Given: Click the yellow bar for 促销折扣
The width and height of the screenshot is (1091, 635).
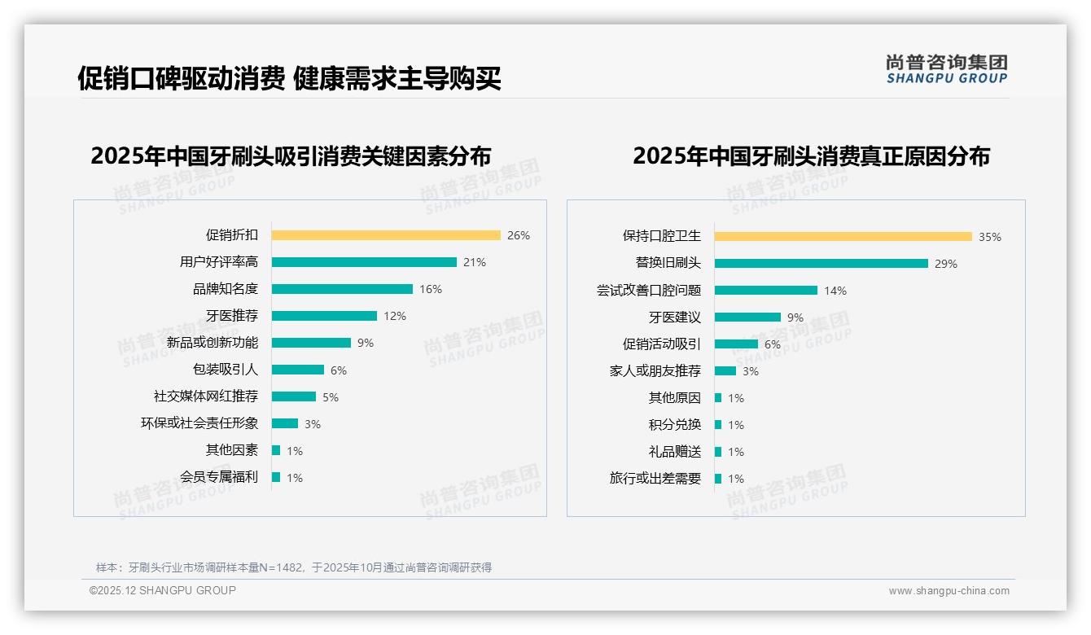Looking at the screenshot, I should point(386,235).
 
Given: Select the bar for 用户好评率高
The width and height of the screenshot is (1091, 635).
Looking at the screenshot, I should point(364,262).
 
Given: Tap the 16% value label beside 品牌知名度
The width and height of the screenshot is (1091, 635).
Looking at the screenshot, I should point(431,289).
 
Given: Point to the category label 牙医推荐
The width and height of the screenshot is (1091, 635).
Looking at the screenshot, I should point(231,316).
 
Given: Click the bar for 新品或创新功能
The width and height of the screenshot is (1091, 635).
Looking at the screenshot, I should point(311,343).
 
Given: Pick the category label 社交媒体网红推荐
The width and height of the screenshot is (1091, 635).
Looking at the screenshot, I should point(206,396).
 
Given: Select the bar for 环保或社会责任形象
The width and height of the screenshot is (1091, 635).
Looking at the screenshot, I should point(285,423).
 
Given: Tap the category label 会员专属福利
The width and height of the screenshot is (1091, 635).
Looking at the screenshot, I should point(219,477).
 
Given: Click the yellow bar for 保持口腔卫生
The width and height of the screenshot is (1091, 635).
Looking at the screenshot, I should point(843,237).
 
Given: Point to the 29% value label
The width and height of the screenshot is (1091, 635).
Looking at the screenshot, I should point(946,264).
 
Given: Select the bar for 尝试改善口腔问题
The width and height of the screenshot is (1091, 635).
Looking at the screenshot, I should point(766,291).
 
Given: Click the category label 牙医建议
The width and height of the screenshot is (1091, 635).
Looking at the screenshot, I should point(674,317).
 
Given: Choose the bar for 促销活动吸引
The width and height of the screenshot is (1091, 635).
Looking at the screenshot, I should point(736,344).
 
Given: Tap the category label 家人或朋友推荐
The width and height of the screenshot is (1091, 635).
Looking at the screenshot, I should point(655,371).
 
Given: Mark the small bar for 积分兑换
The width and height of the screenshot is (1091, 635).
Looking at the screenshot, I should point(718,425).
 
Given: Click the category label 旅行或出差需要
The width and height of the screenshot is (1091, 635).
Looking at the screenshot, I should point(655,479).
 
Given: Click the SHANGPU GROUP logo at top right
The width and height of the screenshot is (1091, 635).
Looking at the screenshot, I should point(946,69).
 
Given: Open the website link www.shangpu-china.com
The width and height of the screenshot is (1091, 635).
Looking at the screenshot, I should point(949,591).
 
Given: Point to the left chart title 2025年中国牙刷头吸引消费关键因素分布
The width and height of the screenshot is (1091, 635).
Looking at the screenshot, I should point(291,156).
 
